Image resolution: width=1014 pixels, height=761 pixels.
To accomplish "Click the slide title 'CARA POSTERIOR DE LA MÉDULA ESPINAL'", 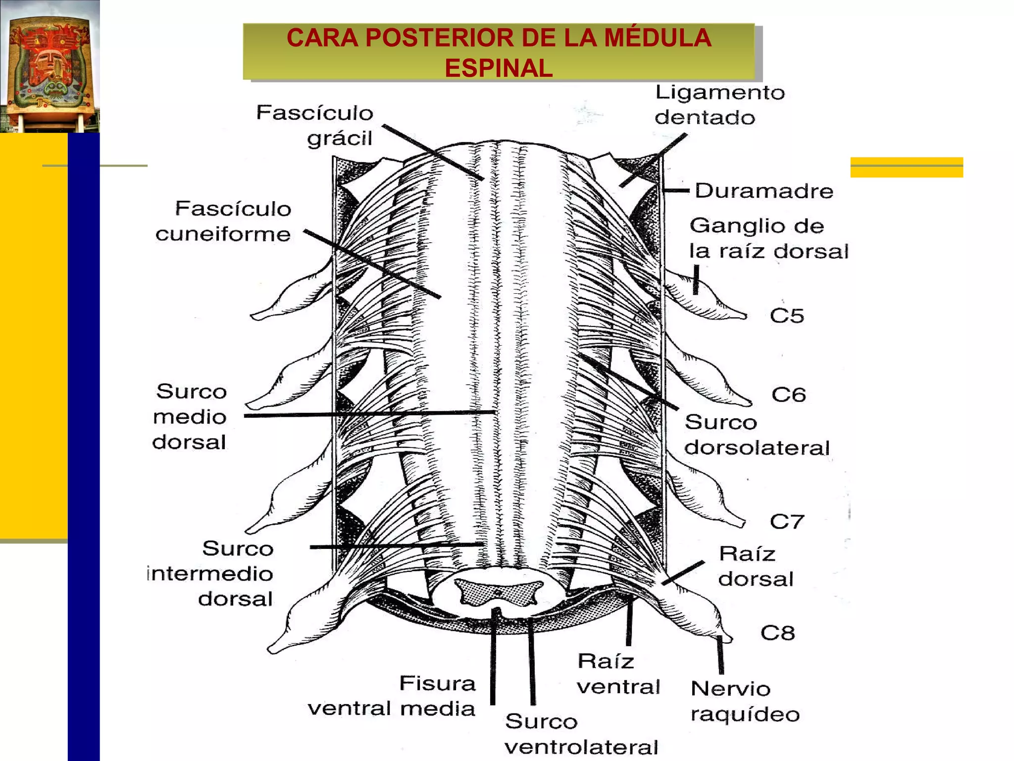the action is click(499, 53).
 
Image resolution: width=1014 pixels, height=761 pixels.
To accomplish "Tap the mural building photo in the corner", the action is click(50, 66).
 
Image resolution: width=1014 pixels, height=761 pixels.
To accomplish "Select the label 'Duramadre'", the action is click(764, 191).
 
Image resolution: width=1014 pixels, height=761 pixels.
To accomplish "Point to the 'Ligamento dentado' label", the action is click(720, 105).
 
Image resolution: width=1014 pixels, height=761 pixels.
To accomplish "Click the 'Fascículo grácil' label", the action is click(315, 126).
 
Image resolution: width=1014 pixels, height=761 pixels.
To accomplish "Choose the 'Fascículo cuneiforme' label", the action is click(223, 221).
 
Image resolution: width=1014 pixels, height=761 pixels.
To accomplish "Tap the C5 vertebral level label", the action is click(787, 316).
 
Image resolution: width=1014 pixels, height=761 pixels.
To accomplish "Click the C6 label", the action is click(789, 395).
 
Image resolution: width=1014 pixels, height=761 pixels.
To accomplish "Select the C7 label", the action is click(787, 522).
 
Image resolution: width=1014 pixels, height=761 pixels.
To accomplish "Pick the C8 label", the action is click(778, 633).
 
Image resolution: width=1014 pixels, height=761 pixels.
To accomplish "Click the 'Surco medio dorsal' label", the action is click(190, 417).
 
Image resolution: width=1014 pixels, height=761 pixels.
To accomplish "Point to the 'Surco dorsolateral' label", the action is click(757, 435).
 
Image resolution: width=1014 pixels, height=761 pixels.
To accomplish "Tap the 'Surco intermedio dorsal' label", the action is click(211, 574).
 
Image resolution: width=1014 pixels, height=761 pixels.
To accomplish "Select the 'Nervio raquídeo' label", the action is click(745, 702).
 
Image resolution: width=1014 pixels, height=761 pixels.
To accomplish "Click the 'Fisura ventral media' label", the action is click(392, 696).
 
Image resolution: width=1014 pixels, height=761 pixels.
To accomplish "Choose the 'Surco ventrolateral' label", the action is click(582, 734).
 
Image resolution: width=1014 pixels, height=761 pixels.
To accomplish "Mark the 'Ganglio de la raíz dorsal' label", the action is click(769, 238).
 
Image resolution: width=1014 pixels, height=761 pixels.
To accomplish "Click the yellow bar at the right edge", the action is click(907, 167).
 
